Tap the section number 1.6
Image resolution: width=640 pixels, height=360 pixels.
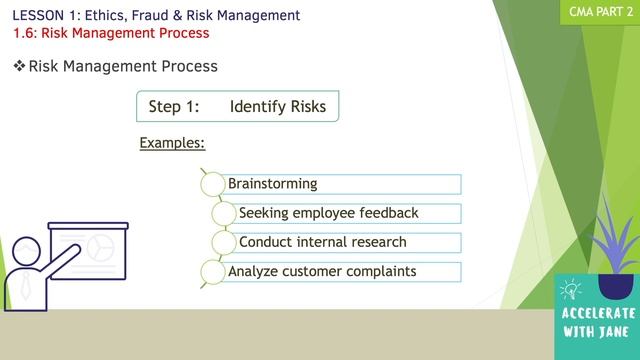click(x=25, y=33)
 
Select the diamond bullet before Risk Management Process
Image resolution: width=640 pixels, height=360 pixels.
click(x=19, y=66)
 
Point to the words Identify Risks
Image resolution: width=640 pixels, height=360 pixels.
click(x=277, y=106)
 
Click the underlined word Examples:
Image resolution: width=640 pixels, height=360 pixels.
click(x=172, y=143)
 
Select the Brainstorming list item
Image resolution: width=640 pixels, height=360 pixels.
click(x=273, y=184)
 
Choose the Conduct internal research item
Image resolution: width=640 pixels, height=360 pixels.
click(x=322, y=242)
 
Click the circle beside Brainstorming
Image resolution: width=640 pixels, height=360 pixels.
click(x=212, y=184)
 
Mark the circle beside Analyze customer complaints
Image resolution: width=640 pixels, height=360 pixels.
click(x=212, y=271)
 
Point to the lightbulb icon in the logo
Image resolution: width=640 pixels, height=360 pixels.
click(x=572, y=291)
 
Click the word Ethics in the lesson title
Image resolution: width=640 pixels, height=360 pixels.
click(x=98, y=15)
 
